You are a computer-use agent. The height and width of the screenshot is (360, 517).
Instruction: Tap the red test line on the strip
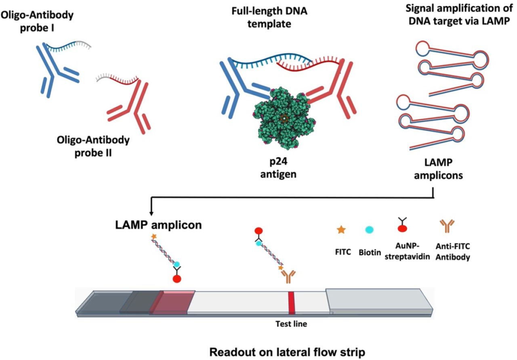(x=292, y=303)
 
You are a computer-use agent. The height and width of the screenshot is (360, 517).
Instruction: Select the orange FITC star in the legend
(x=341, y=230)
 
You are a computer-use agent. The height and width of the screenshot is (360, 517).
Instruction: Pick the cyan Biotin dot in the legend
(x=369, y=230)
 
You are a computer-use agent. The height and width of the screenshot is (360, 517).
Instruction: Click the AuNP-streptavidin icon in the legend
(x=402, y=225)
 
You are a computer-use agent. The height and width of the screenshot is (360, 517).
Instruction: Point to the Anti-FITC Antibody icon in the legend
(x=447, y=226)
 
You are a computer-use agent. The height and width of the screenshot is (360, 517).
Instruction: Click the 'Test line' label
(x=291, y=324)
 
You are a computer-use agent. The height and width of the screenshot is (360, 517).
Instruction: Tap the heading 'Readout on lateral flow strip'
(x=287, y=352)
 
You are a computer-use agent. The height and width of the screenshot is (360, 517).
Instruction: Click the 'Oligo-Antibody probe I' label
(x=37, y=21)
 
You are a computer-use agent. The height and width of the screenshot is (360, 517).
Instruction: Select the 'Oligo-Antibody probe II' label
(x=93, y=146)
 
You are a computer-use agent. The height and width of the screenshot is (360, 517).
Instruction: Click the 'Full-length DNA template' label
(x=269, y=17)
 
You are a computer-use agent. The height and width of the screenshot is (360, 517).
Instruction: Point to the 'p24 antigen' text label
(x=278, y=167)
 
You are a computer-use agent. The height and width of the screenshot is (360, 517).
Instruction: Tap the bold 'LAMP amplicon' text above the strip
(x=158, y=225)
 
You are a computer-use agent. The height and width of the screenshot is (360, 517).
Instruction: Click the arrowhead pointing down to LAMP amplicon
(x=151, y=213)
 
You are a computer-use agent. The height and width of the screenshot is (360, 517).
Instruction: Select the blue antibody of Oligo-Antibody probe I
(x=58, y=70)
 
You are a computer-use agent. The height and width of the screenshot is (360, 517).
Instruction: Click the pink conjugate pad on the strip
(x=172, y=303)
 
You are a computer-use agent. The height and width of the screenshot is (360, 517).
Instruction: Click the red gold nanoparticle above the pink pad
(x=177, y=279)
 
